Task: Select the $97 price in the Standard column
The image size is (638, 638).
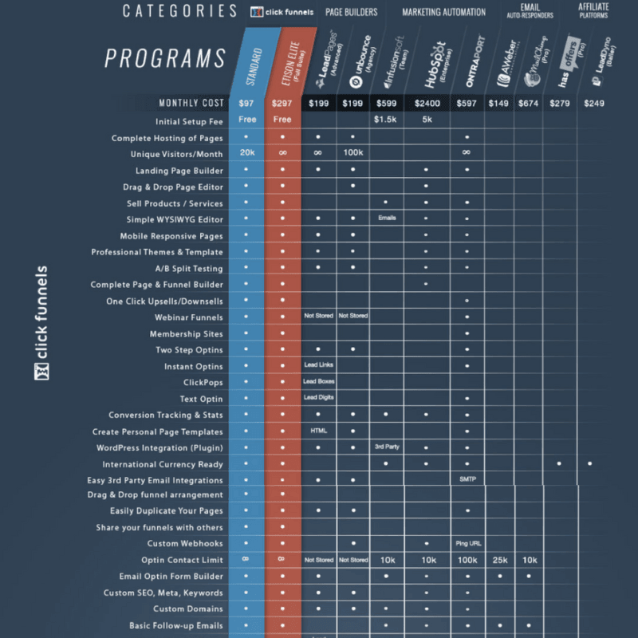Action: pyautogui.click(x=246, y=104)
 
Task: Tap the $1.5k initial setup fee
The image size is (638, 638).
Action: pyautogui.click(x=387, y=120)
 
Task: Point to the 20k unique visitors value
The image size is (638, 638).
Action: pyautogui.click(x=246, y=153)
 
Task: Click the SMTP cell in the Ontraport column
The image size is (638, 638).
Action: pyautogui.click(x=467, y=479)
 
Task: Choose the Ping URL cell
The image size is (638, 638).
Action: pyautogui.click(x=467, y=544)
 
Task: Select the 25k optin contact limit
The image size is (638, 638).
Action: pyautogui.click(x=500, y=561)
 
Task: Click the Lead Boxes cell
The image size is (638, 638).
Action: pyautogui.click(x=318, y=382)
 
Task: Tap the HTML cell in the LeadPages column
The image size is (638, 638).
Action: pyautogui.click(x=318, y=431)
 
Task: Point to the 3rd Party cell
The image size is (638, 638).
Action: pyautogui.click(x=387, y=447)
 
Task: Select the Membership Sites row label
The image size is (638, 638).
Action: pyautogui.click(x=186, y=334)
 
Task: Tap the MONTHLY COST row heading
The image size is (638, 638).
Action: pyautogui.click(x=191, y=104)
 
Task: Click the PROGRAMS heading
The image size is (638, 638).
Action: pyautogui.click(x=166, y=58)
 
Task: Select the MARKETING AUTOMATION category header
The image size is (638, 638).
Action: pyautogui.click(x=443, y=12)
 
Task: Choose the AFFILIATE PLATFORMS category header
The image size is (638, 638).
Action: pyautogui.click(x=594, y=10)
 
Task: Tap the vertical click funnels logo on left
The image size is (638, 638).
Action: pyautogui.click(x=42, y=322)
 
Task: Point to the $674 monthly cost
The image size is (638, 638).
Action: pyautogui.click(x=530, y=104)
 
